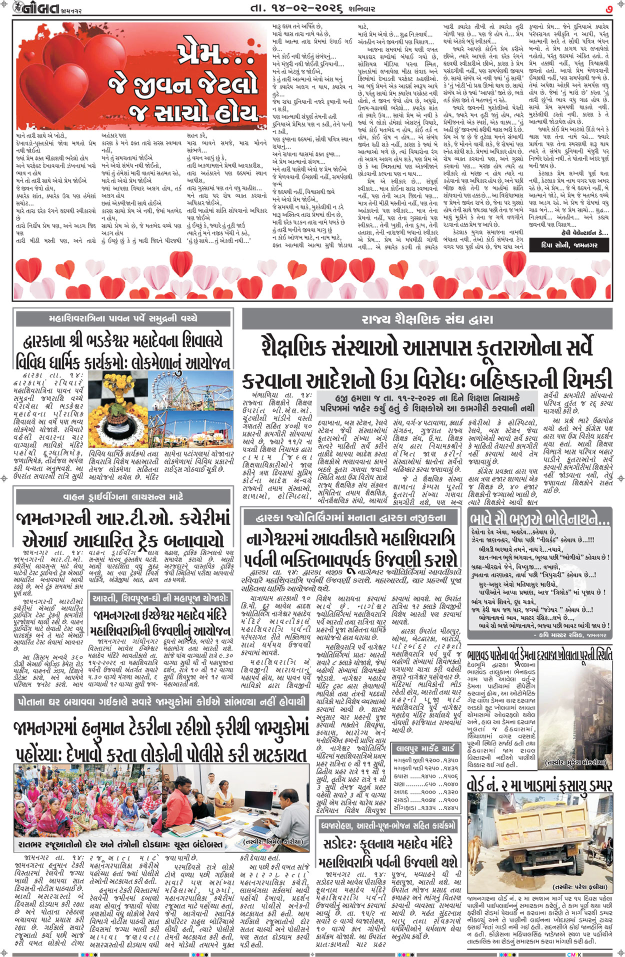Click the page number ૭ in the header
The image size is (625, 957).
click(x=608, y=8)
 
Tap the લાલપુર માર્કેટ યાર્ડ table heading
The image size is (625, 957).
click(x=425, y=748)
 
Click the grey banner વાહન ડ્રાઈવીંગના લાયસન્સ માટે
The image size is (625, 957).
click(x=124, y=497)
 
